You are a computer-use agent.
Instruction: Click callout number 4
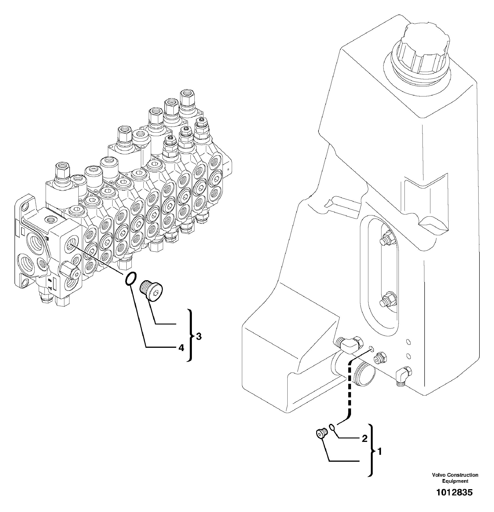coord(181,348)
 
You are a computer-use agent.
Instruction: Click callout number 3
coord(199,337)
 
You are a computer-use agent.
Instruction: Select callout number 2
coord(364,438)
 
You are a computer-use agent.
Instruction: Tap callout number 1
coord(380,451)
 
